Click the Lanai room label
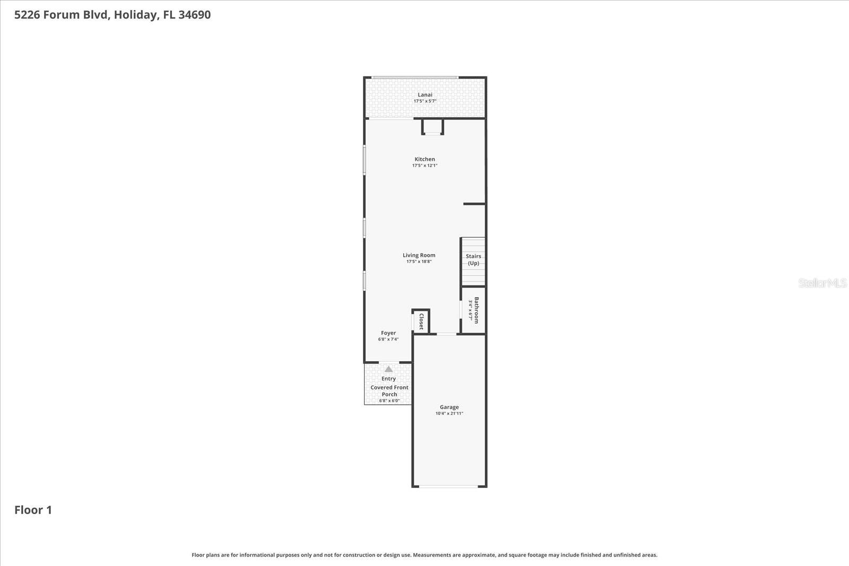coord(425,95)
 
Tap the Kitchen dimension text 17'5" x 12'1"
coord(424,166)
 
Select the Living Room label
coord(419,255)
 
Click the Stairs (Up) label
coord(473,259)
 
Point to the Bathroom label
coord(476,310)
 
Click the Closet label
coord(421,321)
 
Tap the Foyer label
coord(388,333)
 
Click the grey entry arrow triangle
coord(388,369)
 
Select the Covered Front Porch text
coord(389,390)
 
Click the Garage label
coord(449,407)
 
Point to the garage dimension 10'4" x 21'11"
coord(449,413)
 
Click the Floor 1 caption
coord(33,510)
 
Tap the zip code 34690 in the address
coord(194,15)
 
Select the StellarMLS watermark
coord(822,283)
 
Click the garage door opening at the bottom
coord(449,486)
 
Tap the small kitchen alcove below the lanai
coord(432,126)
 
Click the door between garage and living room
coord(446,334)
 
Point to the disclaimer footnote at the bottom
coord(424,555)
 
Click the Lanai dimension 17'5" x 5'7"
coord(425,101)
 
